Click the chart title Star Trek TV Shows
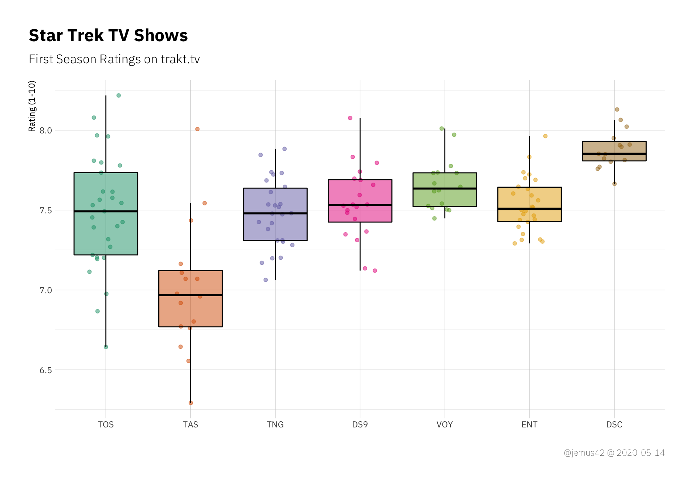[x=108, y=35]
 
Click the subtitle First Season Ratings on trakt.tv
[x=114, y=59]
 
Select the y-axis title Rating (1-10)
[x=32, y=106]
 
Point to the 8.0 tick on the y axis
[x=46, y=131]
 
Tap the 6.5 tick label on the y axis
[x=46, y=370]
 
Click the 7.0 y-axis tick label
[x=46, y=290]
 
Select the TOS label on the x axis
[x=106, y=425]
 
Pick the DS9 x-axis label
[x=360, y=425]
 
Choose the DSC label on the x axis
[x=614, y=425]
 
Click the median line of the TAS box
[x=190, y=295]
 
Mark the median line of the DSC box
[x=614, y=154]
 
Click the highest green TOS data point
[x=119, y=95]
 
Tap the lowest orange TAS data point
[x=191, y=403]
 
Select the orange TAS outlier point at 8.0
[x=197, y=129]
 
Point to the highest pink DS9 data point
[x=350, y=118]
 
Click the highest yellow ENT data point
[x=545, y=136]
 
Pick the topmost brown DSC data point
[x=617, y=110]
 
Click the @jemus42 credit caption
[x=614, y=453]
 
